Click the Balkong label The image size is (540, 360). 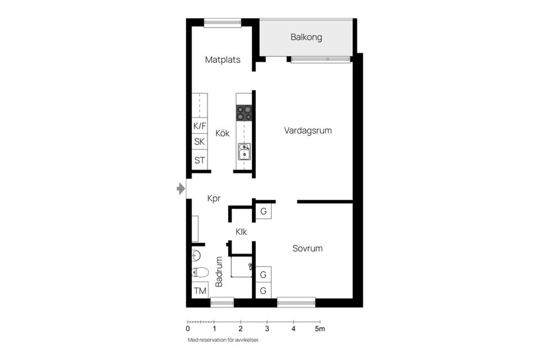pos(306,38)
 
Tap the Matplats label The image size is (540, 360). pos(223,60)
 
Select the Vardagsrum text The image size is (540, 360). pos(308,130)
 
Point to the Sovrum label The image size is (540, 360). pos(307,248)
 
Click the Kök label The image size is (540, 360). pos(223,134)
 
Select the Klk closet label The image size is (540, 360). pos(241,231)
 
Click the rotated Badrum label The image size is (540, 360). pos(219,272)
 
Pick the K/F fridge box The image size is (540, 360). pos(200,126)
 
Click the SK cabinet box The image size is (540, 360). pos(200,142)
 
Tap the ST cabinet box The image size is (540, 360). pos(200,160)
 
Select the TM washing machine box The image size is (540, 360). pos(200,291)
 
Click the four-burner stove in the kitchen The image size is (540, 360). pos(244,113)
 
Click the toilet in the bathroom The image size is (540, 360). pos(200,273)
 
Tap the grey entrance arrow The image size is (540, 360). pos(181,188)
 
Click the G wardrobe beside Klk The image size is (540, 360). pos(263,212)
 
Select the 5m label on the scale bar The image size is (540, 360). pos(320,328)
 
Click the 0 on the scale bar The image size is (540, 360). pos(188,328)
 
